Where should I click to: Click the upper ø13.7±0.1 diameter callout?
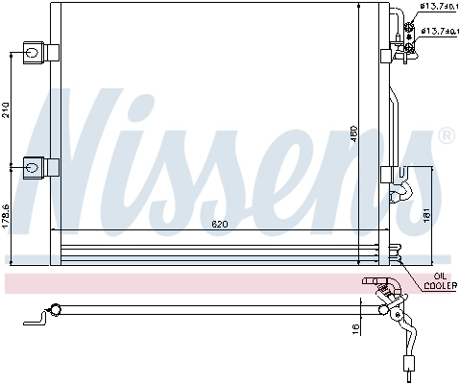(x=437, y=8)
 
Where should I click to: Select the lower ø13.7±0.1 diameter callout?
(x=437, y=31)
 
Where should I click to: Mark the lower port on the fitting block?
(x=410, y=30)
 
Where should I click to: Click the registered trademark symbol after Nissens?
(x=445, y=138)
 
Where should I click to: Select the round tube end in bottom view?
(x=56, y=309)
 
